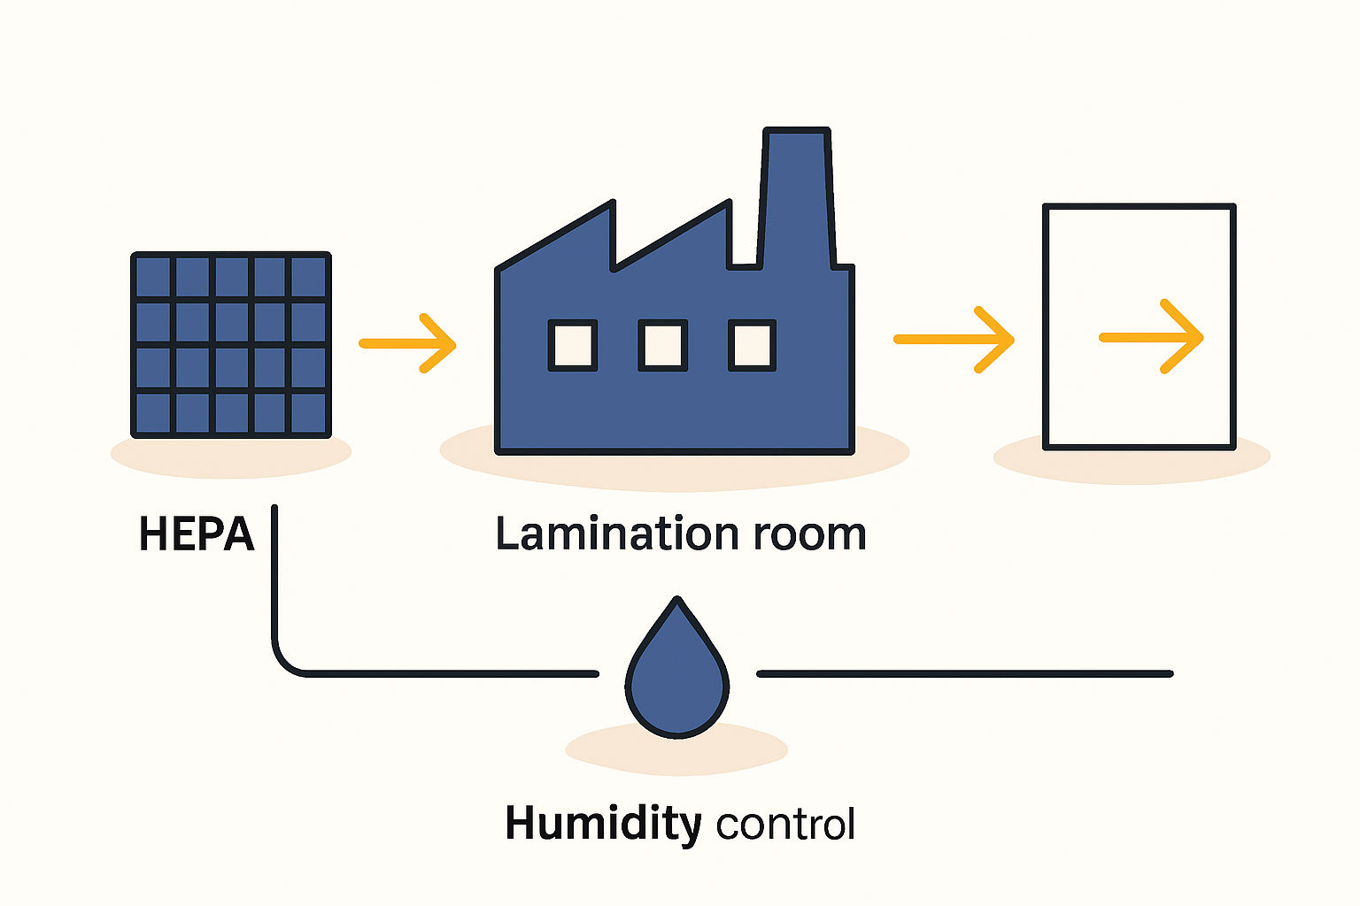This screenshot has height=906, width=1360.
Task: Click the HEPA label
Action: (x=197, y=534)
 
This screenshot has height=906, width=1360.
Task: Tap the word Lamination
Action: (x=616, y=534)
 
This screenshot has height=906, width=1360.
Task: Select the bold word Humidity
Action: (x=602, y=823)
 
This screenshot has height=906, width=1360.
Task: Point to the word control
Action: (x=785, y=825)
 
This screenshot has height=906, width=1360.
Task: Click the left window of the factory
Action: (x=572, y=345)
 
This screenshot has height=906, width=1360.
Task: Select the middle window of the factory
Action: (x=662, y=345)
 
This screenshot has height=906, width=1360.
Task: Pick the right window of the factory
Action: (x=752, y=345)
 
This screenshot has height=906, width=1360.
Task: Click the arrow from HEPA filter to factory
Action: (x=408, y=343)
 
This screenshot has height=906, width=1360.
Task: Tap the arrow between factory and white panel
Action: (x=954, y=340)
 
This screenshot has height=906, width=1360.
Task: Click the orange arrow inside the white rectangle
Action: (x=1151, y=337)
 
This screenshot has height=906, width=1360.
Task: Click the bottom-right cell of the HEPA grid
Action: (x=309, y=413)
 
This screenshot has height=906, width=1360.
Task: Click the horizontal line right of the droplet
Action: (x=965, y=673)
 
